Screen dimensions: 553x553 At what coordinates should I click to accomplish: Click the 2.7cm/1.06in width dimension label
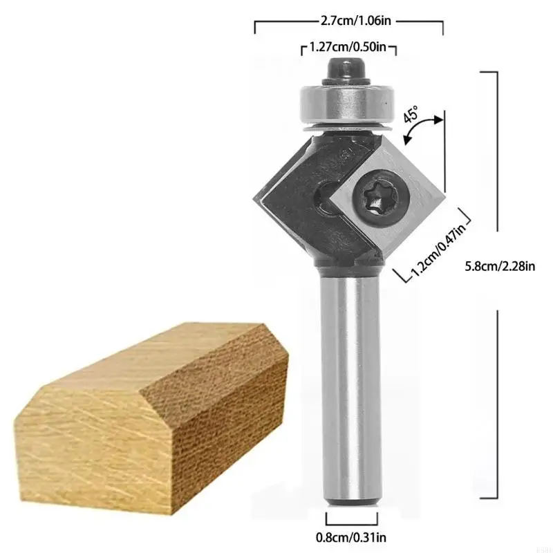point(349,21)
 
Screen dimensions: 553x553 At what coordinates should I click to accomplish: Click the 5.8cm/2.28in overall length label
point(499,266)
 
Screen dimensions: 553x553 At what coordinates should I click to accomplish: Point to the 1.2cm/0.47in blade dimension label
point(438,249)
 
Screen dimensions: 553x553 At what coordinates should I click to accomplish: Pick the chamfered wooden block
point(152,408)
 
